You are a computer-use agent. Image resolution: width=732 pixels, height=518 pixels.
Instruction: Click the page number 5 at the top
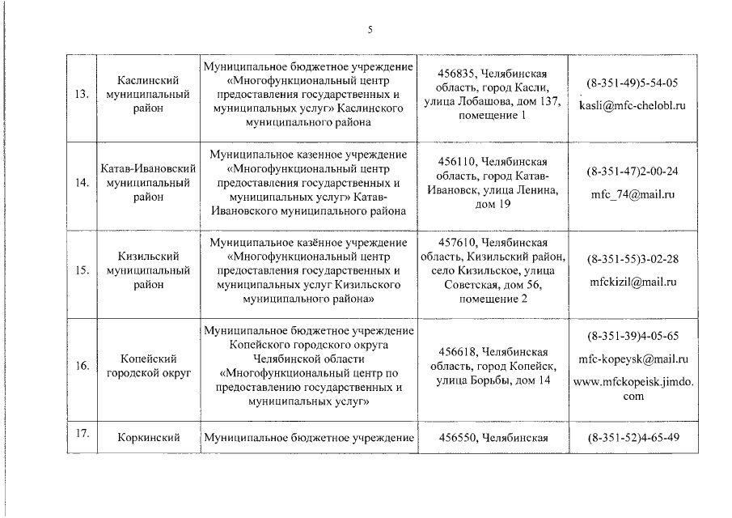pos(369,30)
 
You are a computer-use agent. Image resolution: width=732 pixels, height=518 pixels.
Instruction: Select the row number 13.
pos(80,95)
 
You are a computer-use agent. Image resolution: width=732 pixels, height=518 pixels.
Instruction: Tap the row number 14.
pos(80,183)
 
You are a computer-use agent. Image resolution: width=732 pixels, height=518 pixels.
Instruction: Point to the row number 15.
pos(80,270)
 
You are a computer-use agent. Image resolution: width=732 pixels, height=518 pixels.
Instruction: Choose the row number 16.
pos(80,366)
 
